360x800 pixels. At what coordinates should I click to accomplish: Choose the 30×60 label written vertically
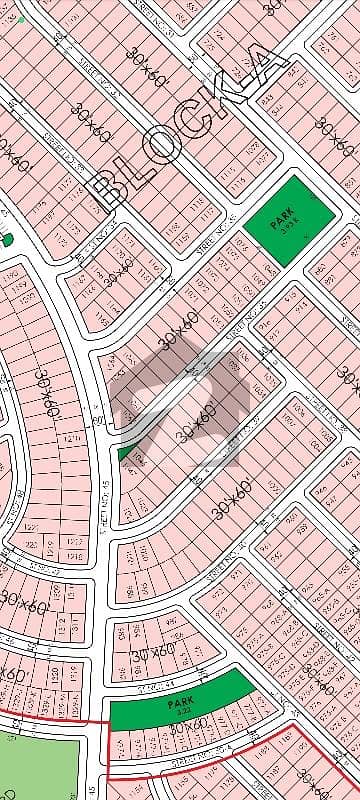(x=42, y=395)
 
